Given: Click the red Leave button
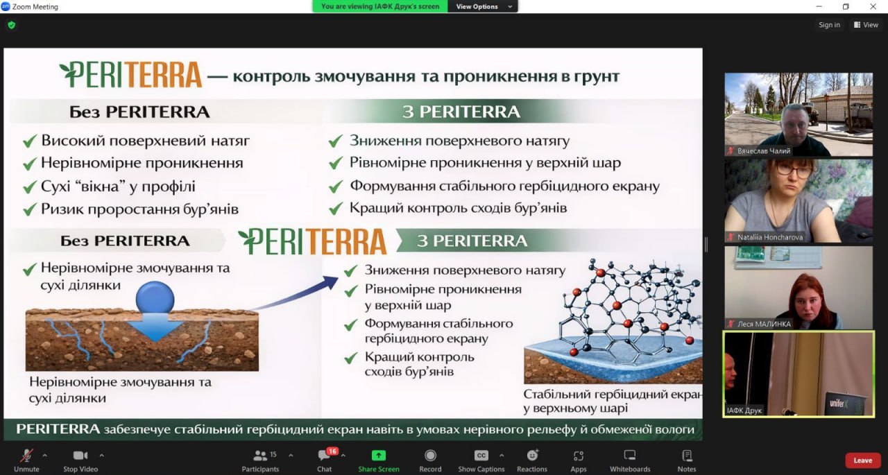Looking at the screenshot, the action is tap(862, 460).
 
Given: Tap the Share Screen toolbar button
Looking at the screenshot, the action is tap(379, 460).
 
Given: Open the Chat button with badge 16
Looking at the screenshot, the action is tap(324, 460).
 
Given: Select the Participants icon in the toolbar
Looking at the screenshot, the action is tap(260, 456).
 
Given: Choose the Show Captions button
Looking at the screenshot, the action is tap(481, 460).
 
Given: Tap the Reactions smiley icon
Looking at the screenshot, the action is tap(532, 455).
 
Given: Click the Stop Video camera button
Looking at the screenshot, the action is tap(80, 460).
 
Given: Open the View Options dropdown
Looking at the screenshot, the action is tap(482, 6).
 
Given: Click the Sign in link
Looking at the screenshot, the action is tap(829, 24).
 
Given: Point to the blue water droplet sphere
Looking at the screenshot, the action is tap(155, 297).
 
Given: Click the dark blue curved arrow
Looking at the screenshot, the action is tap(296, 293).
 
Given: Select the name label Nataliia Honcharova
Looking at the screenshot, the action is tap(770, 237).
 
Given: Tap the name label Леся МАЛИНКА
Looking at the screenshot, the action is tap(764, 324).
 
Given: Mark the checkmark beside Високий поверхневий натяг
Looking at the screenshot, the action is tap(30, 141).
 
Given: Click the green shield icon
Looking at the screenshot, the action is tap(12, 26).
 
